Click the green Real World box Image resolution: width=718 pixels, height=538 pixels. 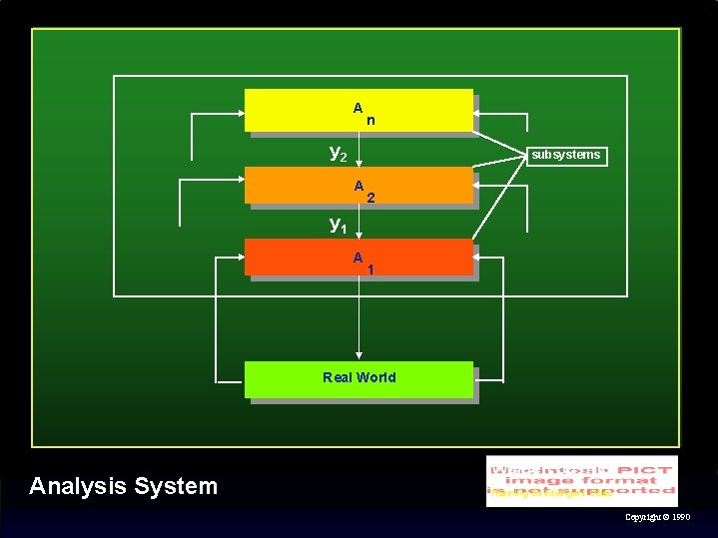click(x=359, y=379)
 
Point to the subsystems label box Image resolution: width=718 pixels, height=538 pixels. click(x=566, y=155)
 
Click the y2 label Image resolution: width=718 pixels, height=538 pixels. click(x=339, y=153)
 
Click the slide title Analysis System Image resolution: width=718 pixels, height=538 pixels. click(x=123, y=486)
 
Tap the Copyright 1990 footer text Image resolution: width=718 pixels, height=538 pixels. click(x=656, y=518)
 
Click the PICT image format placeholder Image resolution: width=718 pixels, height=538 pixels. click(x=581, y=480)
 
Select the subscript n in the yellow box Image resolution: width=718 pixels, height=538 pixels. click(x=370, y=121)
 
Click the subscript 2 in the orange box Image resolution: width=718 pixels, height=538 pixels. click(x=370, y=198)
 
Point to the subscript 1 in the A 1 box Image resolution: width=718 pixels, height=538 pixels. click(x=370, y=269)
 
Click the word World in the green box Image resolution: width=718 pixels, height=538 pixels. click(x=375, y=377)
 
